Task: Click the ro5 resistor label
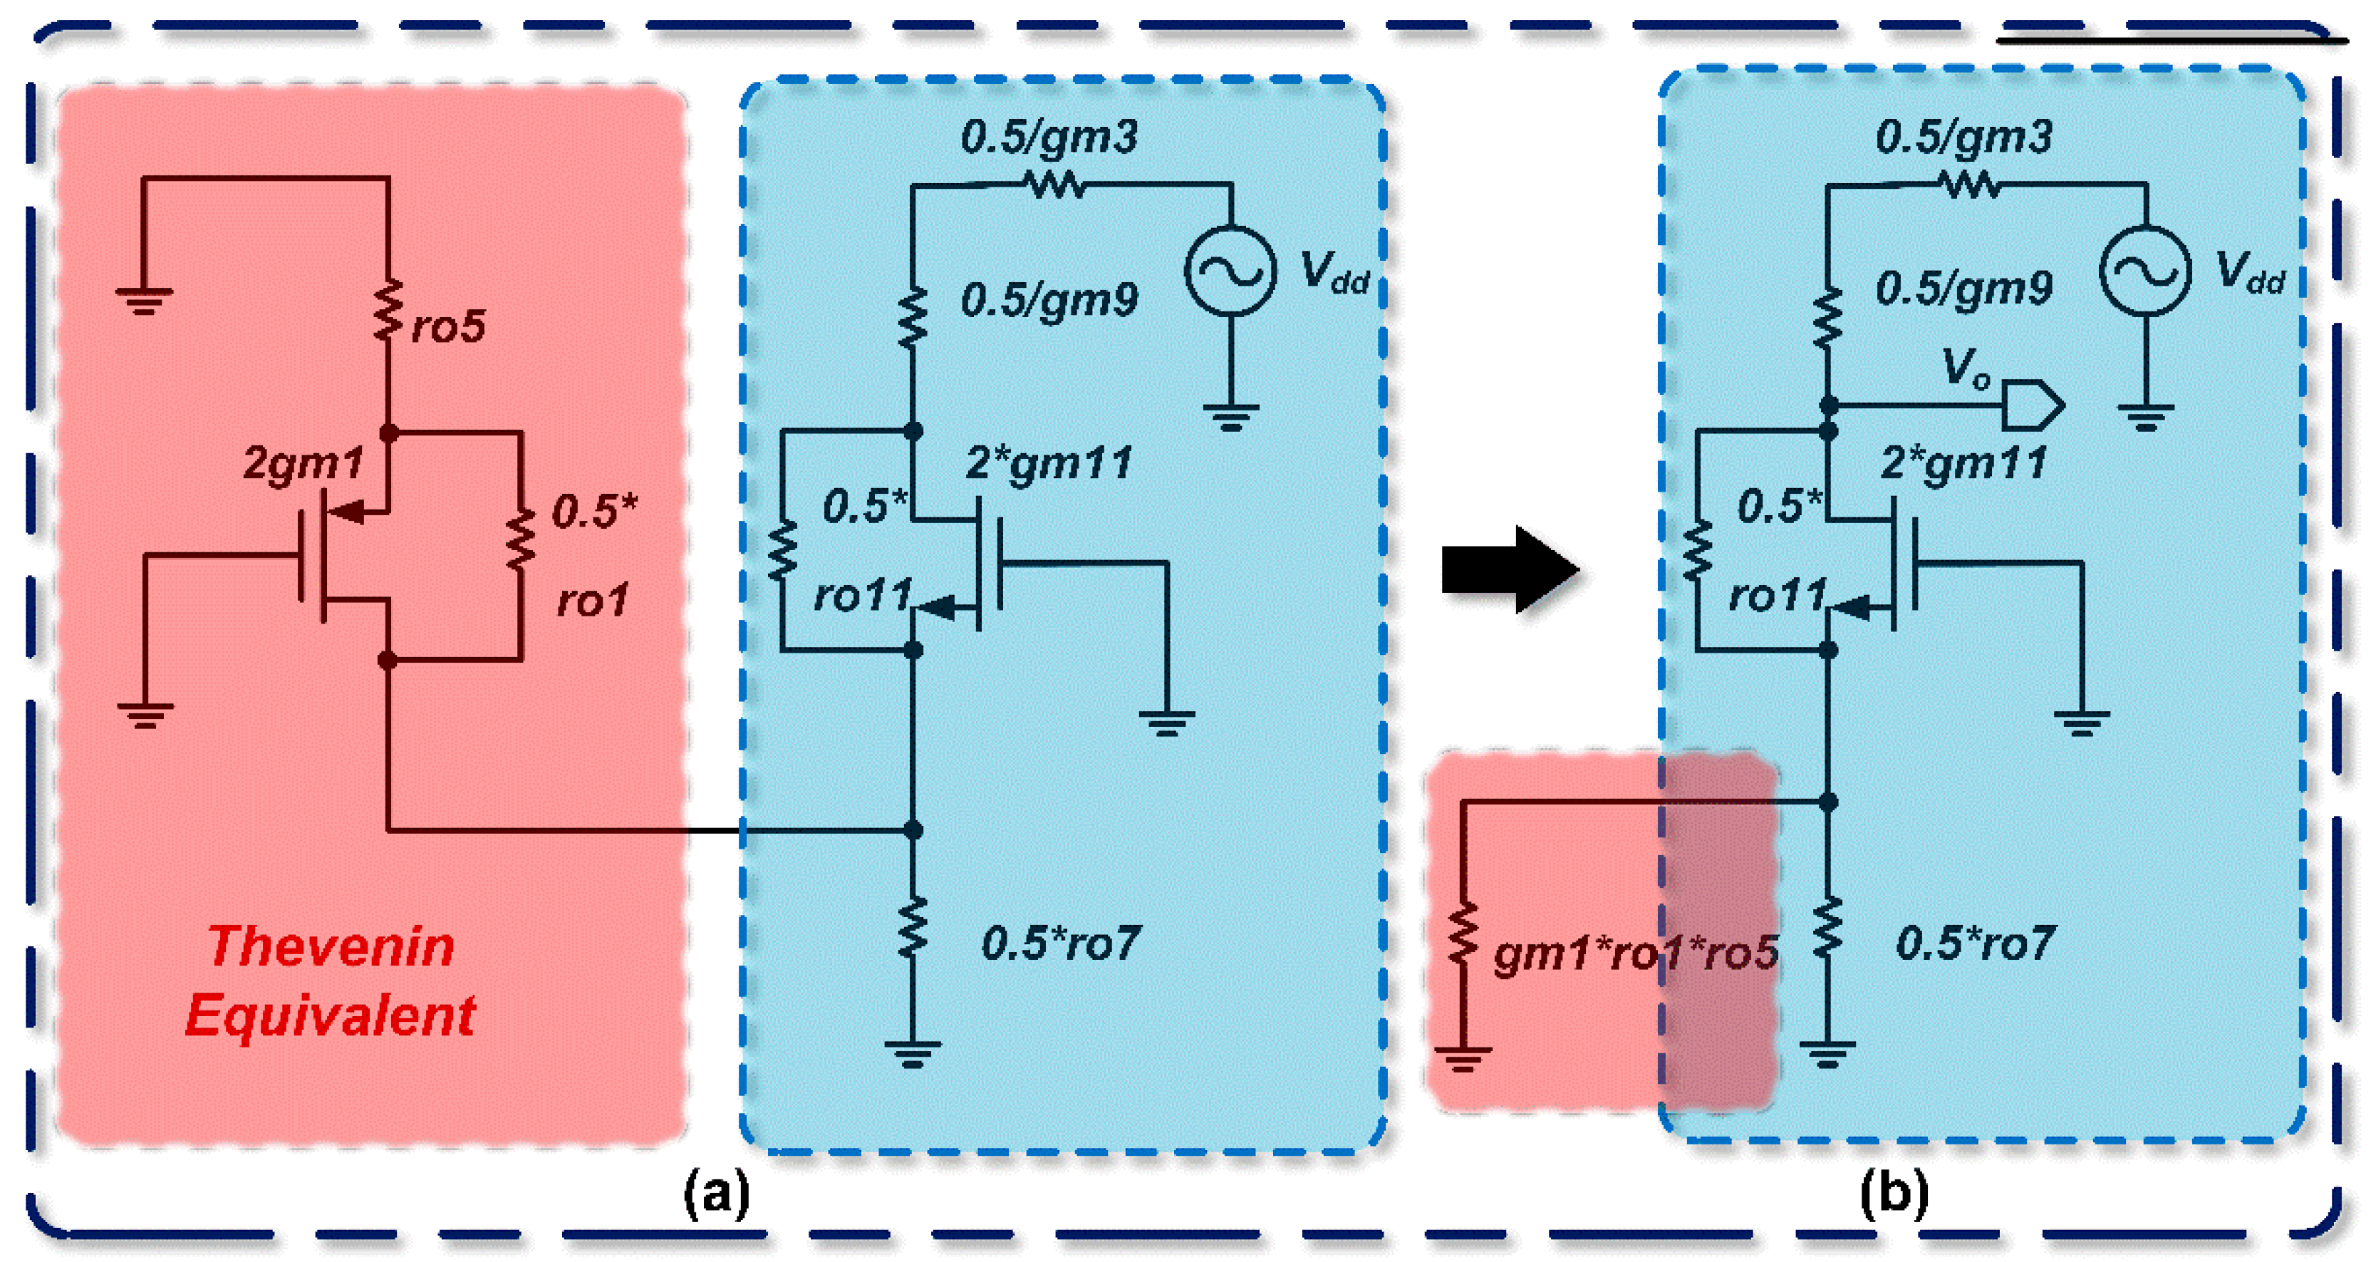[x=448, y=327]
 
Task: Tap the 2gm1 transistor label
[x=303, y=463]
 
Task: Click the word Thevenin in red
[x=331, y=946]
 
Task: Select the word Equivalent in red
[x=330, y=1015]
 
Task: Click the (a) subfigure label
[x=717, y=1194]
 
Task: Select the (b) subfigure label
[x=1893, y=1194]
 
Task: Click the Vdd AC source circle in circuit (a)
[x=1230, y=271]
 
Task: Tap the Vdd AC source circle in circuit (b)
[x=2144, y=271]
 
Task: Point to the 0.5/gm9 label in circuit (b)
[x=1964, y=289]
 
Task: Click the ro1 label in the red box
[x=593, y=601]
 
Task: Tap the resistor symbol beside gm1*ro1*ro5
[x=1463, y=934]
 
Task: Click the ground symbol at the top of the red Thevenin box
[x=144, y=300]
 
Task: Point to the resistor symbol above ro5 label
[x=388, y=311]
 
